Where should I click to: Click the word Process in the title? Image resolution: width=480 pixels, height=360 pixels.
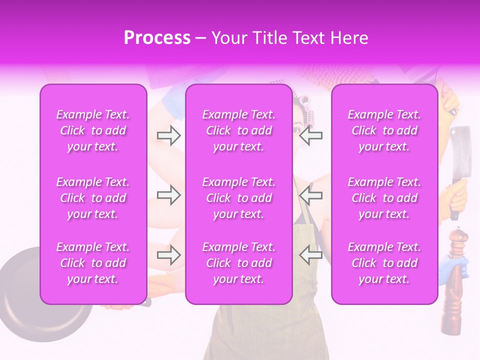click(x=157, y=38)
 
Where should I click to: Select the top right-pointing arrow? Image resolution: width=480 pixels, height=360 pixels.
click(x=168, y=135)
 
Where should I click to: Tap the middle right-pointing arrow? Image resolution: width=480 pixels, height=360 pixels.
click(x=168, y=195)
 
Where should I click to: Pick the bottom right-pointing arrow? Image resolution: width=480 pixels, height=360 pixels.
click(x=168, y=255)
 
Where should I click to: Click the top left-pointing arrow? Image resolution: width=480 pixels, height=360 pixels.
click(x=310, y=135)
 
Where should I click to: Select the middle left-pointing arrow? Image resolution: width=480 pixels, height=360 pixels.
click(x=310, y=195)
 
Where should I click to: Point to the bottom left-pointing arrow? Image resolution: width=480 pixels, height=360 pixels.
click(x=310, y=255)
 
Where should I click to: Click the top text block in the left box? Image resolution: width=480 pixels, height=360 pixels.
click(x=93, y=130)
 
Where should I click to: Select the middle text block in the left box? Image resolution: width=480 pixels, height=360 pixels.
click(x=93, y=198)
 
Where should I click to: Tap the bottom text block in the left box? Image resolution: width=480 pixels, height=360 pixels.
click(x=93, y=263)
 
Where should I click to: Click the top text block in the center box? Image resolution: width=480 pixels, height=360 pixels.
click(x=238, y=130)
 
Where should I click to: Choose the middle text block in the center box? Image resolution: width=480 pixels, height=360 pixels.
click(x=238, y=198)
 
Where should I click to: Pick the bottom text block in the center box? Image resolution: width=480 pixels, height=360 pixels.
click(x=238, y=263)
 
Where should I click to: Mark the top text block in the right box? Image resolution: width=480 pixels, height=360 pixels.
click(x=384, y=130)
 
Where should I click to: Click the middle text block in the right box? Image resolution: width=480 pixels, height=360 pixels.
click(x=384, y=198)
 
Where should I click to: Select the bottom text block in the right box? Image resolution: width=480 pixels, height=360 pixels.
click(x=384, y=263)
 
